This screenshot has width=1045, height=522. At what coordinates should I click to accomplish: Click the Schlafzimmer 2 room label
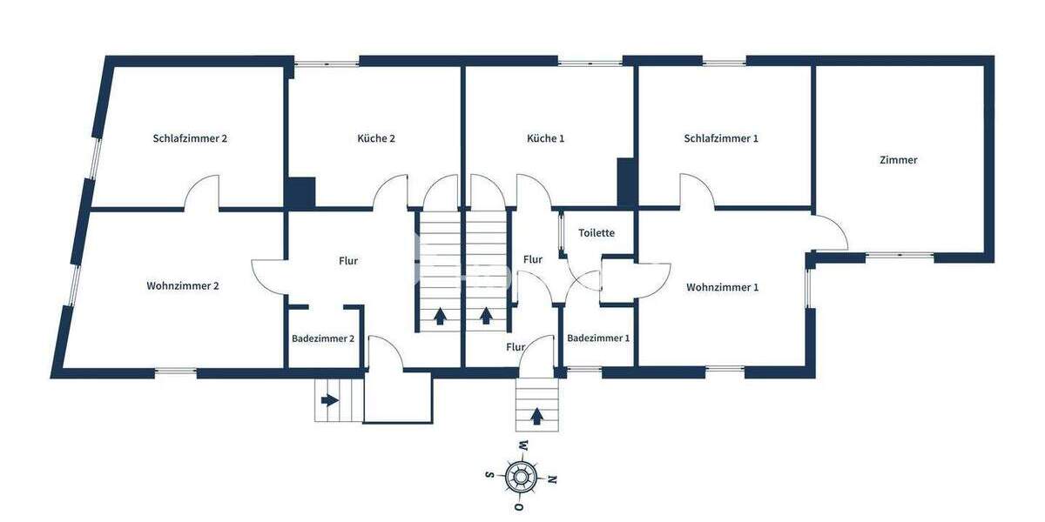click(190, 138)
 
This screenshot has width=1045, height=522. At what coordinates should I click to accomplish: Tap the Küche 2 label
click(376, 138)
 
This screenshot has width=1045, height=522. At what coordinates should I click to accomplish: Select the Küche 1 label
click(546, 138)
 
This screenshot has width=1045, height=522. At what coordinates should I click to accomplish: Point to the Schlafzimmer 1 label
click(721, 138)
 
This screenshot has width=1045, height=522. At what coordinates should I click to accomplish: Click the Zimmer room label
click(899, 160)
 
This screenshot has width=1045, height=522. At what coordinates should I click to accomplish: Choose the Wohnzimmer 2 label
click(183, 286)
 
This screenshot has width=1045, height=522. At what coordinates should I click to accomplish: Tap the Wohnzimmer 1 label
click(722, 287)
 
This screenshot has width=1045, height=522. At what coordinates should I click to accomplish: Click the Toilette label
click(597, 233)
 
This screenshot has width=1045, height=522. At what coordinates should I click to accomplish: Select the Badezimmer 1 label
click(598, 338)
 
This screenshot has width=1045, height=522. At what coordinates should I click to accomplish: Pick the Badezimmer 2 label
click(323, 338)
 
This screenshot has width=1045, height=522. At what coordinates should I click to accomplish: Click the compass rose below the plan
click(522, 476)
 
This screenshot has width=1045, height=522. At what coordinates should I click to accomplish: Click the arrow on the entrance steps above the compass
click(536, 417)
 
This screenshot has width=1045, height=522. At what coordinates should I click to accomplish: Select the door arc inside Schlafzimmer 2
click(201, 193)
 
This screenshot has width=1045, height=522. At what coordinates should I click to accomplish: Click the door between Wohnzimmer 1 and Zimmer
click(829, 233)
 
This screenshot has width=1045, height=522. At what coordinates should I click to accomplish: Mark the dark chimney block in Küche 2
click(302, 191)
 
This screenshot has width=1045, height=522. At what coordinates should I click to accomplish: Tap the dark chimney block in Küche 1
click(626, 181)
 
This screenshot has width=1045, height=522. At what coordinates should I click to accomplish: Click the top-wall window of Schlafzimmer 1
click(724, 62)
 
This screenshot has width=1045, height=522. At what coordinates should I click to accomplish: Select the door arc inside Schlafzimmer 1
click(697, 192)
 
